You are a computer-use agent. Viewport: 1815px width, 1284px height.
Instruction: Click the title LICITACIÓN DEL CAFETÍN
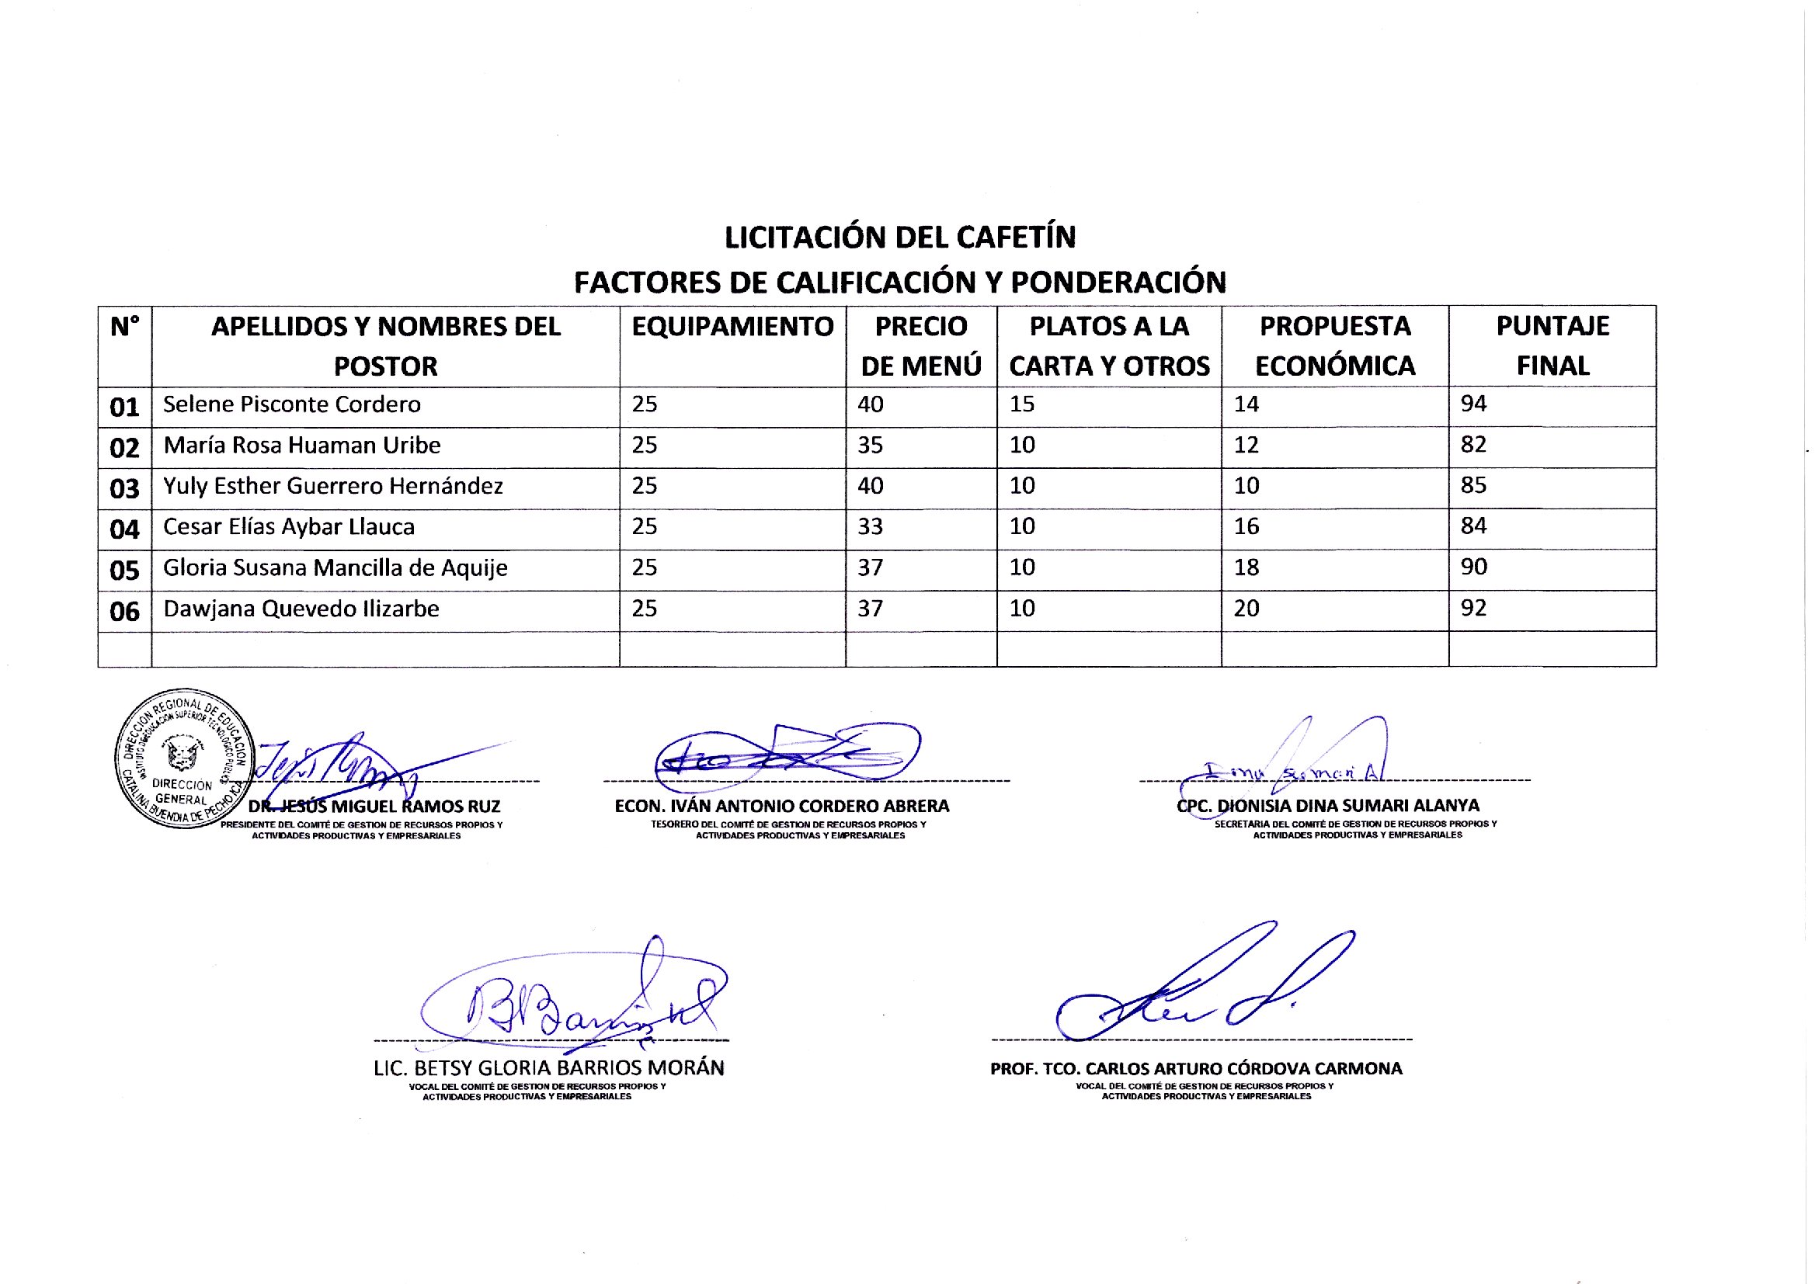(900, 238)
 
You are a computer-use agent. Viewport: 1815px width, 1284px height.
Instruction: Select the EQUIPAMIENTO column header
(732, 327)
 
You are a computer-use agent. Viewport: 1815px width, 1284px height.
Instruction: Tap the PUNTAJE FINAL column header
(1552, 345)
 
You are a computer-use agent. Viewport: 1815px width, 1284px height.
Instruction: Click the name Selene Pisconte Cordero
(292, 404)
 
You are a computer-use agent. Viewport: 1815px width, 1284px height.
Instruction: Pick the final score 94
(1473, 404)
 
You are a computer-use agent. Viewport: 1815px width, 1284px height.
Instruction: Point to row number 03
(124, 488)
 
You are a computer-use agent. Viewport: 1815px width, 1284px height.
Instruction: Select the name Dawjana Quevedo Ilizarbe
(301, 609)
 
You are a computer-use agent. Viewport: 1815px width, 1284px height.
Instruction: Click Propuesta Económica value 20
(1247, 609)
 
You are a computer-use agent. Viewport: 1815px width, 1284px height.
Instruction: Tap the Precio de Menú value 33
(870, 526)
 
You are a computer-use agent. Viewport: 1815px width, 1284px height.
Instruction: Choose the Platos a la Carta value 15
(1022, 404)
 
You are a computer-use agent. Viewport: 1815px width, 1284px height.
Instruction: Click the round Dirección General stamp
(183, 758)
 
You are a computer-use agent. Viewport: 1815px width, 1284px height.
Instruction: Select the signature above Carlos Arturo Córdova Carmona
(1202, 988)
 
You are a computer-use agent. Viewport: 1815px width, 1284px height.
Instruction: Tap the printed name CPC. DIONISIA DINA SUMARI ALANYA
(1328, 806)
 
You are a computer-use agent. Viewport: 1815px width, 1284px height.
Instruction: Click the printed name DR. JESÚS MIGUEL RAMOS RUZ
(374, 807)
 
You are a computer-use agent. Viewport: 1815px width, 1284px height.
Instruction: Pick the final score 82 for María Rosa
(1473, 444)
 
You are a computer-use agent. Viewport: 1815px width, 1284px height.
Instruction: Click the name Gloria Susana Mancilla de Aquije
(336, 567)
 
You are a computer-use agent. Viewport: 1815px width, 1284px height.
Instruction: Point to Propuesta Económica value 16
(1247, 526)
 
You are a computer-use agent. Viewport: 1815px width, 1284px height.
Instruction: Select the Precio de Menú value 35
(870, 445)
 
